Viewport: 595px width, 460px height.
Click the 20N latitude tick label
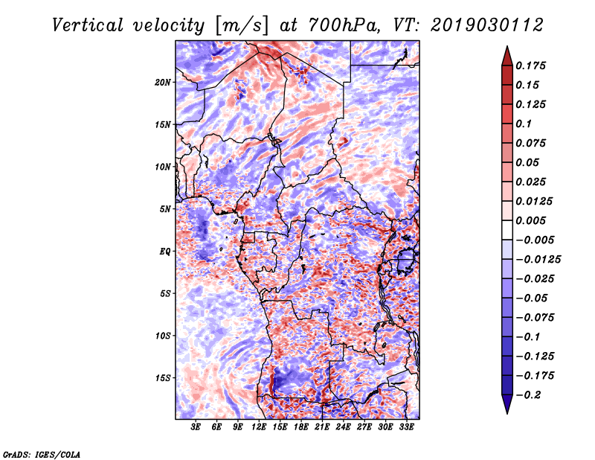click(163, 83)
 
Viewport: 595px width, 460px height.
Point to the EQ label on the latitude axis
click(165, 252)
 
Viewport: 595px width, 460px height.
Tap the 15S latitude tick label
click(163, 378)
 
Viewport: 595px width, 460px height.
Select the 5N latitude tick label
click(165, 209)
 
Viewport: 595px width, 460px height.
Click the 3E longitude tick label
click(196, 427)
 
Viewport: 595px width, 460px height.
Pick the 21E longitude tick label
click(322, 427)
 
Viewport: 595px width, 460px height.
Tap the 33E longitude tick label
click(406, 427)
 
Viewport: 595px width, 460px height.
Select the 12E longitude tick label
click(258, 427)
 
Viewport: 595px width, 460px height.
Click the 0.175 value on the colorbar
click(531, 66)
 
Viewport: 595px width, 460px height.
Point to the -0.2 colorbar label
click(528, 395)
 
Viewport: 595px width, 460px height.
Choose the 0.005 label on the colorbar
click(531, 220)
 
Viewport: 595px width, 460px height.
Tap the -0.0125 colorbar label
click(538, 260)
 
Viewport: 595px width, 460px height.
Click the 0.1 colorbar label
click(524, 124)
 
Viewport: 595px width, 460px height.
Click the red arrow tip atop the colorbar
click(507, 46)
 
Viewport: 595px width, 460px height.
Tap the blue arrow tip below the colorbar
click(507, 413)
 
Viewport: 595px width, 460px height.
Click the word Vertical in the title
click(87, 25)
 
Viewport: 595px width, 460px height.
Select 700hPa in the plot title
click(344, 25)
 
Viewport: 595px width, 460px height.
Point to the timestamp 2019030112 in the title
click(487, 25)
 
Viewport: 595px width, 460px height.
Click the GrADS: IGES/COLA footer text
click(42, 455)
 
